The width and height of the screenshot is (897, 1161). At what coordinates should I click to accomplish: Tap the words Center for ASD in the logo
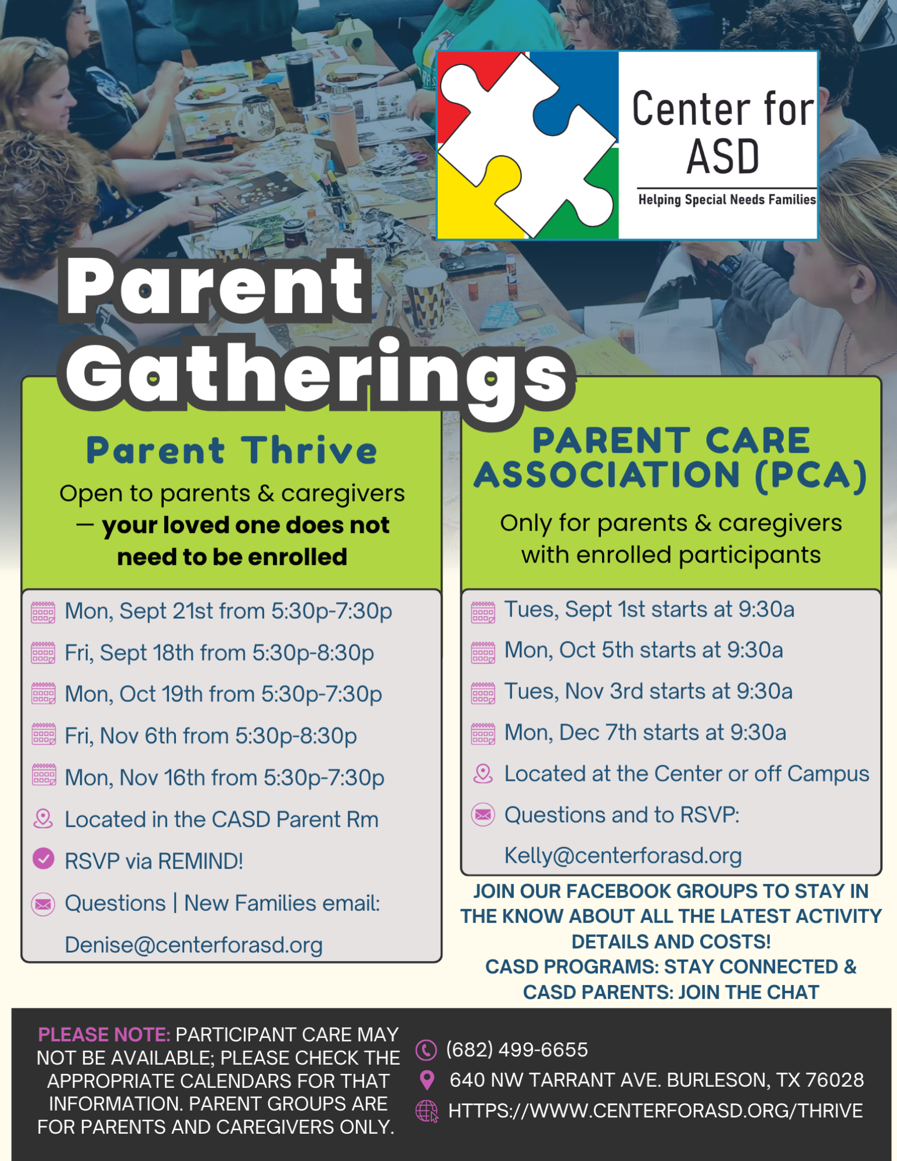click(723, 133)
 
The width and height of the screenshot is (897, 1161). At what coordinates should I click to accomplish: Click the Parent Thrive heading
click(232, 450)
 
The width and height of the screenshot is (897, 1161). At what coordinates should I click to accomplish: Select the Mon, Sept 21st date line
click(228, 611)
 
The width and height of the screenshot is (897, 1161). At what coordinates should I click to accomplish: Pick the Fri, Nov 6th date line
click(211, 736)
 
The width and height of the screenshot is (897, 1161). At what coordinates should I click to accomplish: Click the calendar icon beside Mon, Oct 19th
click(44, 694)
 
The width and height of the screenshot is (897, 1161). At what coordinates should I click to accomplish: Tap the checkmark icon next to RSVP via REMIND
click(44, 859)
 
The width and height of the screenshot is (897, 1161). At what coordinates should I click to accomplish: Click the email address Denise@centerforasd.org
click(194, 945)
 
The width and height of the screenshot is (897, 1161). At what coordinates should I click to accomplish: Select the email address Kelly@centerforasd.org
click(623, 856)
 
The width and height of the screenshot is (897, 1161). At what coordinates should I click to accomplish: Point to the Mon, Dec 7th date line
click(645, 733)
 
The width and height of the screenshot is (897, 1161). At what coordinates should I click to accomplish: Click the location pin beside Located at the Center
click(483, 773)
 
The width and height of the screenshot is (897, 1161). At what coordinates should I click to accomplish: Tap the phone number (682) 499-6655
click(517, 1050)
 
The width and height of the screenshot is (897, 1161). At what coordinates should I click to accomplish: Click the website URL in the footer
click(655, 1110)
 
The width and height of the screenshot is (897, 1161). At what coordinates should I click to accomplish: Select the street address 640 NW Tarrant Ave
click(657, 1080)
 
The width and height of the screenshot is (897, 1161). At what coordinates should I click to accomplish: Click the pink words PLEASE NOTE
click(104, 1034)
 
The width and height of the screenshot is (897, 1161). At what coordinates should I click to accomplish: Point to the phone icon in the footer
click(426, 1050)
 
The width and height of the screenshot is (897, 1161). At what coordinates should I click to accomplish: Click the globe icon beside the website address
click(427, 1111)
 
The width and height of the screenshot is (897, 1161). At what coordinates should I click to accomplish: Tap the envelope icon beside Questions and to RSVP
click(483, 815)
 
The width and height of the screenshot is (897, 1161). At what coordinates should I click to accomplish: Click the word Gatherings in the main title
click(316, 374)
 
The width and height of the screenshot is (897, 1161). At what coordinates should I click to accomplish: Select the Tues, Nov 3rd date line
click(648, 691)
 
